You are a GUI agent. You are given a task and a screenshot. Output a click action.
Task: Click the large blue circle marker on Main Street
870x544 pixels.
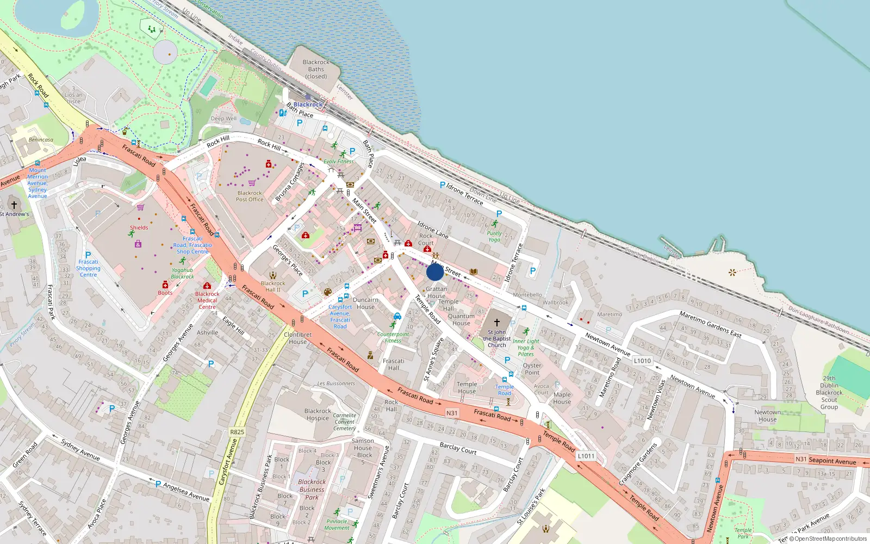tap(435, 272)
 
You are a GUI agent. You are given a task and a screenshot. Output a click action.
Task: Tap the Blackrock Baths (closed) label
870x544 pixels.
tap(316, 69)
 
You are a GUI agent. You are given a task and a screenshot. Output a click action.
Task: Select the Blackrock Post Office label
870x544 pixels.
tap(250, 196)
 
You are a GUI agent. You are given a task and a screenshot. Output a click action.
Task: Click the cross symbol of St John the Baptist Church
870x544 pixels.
tap(496, 322)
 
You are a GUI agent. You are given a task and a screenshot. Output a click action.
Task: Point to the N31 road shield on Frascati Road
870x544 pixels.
tap(452, 413)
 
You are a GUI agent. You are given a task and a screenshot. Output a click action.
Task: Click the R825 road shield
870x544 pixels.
tap(237, 432)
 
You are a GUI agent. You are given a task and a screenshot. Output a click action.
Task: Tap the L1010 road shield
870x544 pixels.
tap(642, 361)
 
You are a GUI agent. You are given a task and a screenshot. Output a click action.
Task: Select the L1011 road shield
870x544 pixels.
tap(586, 456)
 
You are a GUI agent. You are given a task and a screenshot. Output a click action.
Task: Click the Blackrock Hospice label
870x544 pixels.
tap(318, 415)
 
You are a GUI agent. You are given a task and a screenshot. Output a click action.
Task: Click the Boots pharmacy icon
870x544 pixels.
tap(165, 285)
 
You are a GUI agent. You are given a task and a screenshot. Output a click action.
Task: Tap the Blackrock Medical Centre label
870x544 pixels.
tap(207, 300)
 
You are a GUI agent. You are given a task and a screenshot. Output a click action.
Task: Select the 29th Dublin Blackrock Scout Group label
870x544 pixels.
tap(829, 393)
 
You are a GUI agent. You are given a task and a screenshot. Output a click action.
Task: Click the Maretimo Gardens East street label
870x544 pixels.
tap(710, 324)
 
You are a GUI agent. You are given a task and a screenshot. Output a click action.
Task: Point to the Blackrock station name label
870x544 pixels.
tap(308, 104)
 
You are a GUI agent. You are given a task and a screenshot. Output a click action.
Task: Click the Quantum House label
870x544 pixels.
tap(461, 319)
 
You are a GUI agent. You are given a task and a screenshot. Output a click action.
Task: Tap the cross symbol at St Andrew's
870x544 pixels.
tap(14, 205)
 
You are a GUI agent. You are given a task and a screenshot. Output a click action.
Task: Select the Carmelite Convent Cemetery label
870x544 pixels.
tap(345, 422)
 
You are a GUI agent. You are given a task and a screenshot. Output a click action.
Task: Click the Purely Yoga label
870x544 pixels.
tap(494, 236)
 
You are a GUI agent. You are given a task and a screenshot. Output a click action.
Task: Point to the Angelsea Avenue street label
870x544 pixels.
tap(186, 493)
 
